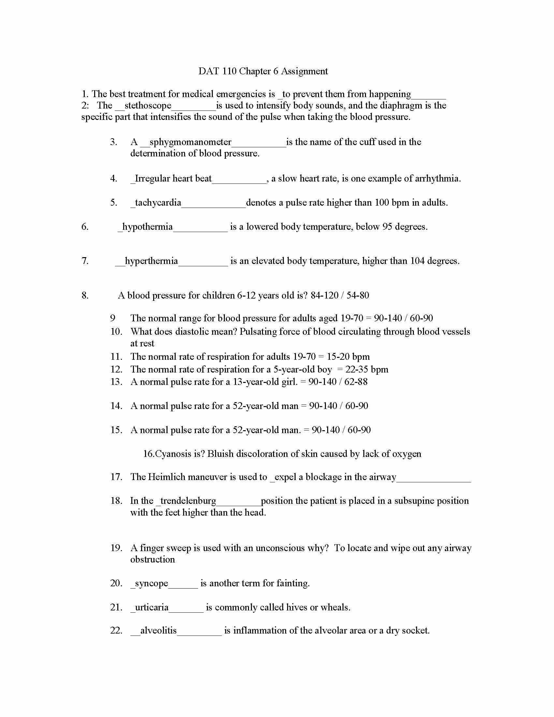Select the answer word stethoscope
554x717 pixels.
pos(148,105)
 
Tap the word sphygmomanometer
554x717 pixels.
pos(190,142)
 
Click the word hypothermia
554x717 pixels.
pos(147,227)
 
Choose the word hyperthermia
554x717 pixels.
pos(151,261)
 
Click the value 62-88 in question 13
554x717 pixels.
pos(356,382)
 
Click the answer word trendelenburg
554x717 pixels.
pos(188,501)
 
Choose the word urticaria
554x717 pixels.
pos(152,607)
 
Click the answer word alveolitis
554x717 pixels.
pos(158,630)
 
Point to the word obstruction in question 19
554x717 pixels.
pos(153,559)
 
